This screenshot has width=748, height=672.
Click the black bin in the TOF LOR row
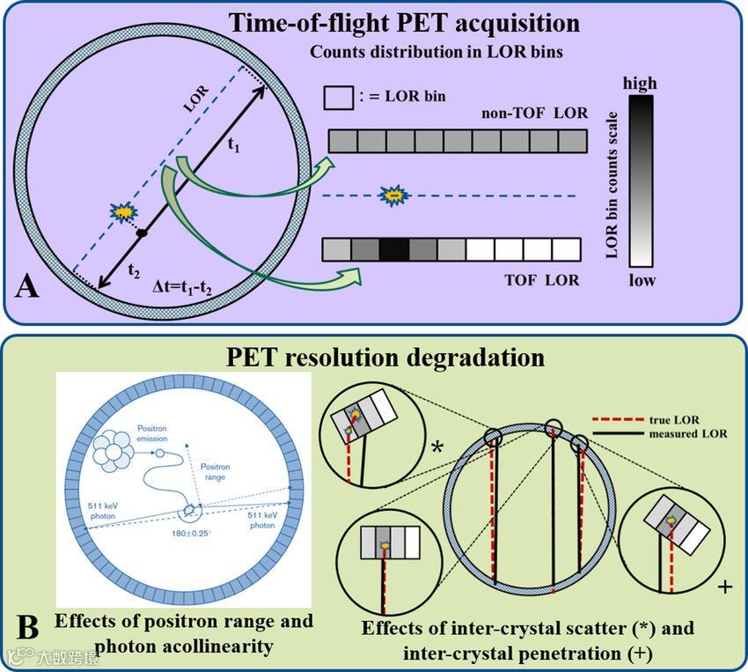(395, 251)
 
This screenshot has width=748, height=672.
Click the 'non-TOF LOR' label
(534, 114)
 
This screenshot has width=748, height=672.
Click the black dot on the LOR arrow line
(141, 233)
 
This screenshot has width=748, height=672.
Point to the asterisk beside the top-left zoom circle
(436, 447)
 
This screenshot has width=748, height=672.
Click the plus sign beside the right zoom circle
(724, 585)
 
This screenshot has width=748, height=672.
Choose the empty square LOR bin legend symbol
(339, 96)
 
